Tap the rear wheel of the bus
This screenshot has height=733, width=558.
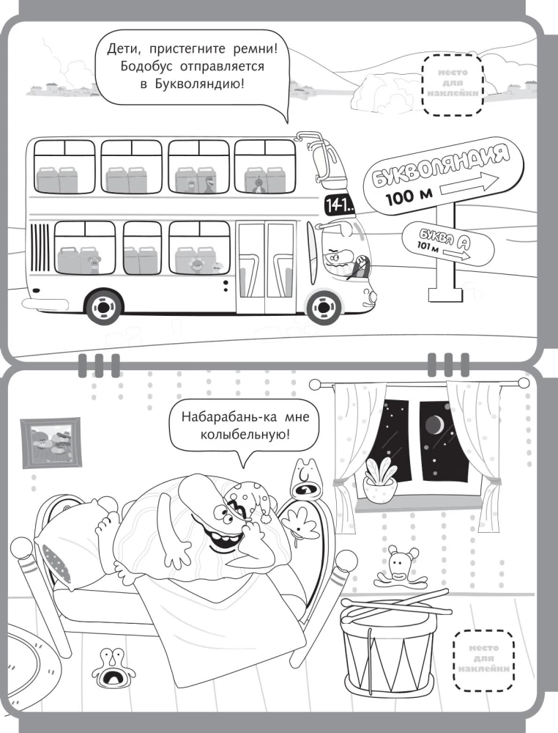coord(103,307)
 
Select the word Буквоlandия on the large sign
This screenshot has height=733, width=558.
coord(439,166)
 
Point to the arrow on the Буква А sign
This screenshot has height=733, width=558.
coord(457,254)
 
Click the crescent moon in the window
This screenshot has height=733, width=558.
coord(435,424)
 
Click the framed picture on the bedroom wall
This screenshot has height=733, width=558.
coord(51,443)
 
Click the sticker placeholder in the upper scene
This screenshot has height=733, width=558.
coord(452,84)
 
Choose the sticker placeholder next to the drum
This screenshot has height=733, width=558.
coord(484,658)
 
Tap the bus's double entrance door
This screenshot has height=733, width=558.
coord(266,267)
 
